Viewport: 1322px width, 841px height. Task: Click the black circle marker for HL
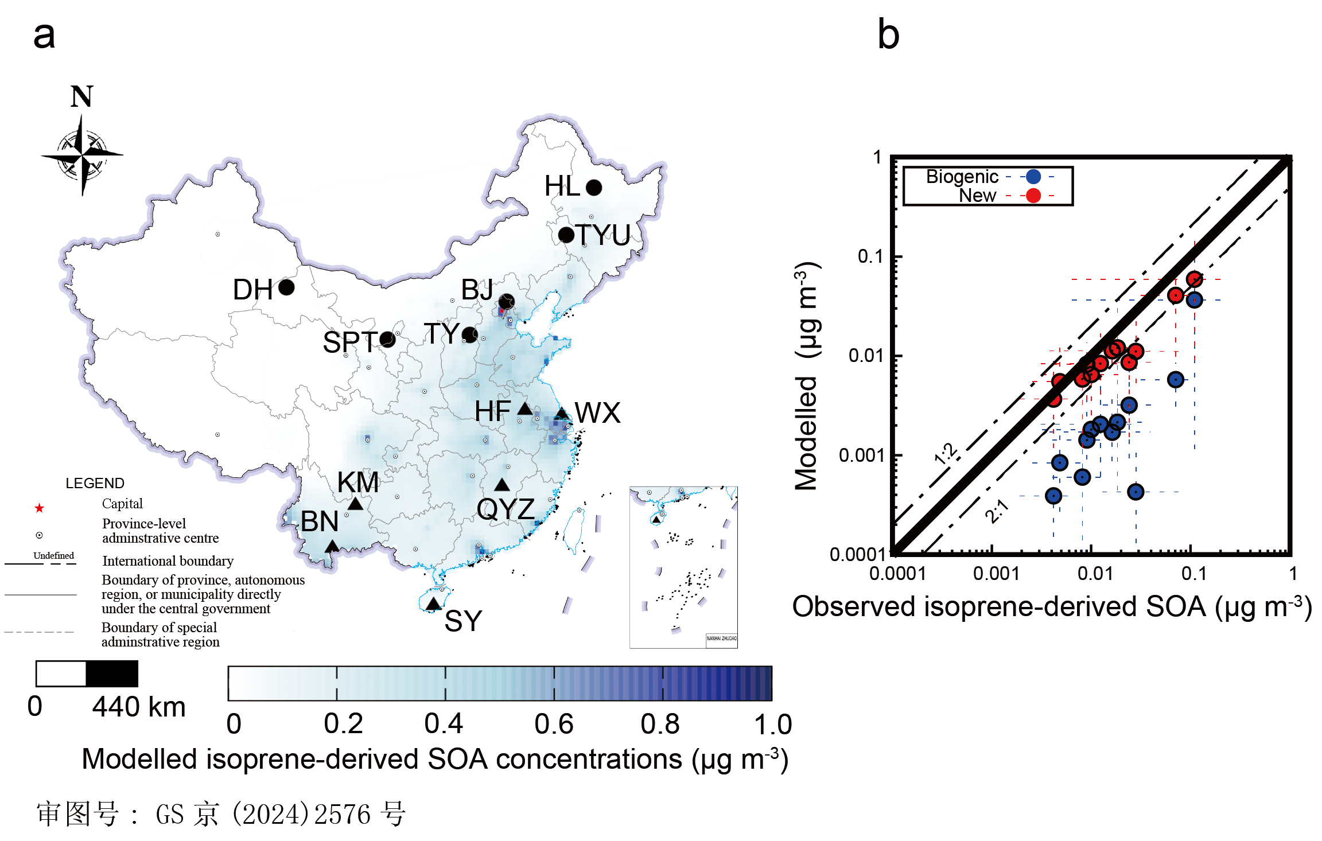click(594, 188)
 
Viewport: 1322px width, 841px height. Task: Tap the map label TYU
click(603, 235)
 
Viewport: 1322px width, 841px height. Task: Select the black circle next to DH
click(286, 287)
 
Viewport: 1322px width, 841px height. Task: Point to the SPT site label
click(350, 342)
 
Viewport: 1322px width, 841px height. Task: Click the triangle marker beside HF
click(524, 408)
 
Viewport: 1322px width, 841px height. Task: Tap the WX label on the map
click(597, 413)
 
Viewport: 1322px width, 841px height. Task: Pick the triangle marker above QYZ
click(502, 485)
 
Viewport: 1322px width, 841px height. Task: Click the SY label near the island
click(463, 621)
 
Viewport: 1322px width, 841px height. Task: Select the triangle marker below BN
click(332, 546)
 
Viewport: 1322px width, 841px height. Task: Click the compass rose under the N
click(82, 155)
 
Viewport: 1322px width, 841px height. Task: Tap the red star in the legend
click(39, 508)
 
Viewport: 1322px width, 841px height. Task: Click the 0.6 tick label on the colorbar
click(554, 725)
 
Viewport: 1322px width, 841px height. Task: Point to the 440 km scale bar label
click(139, 707)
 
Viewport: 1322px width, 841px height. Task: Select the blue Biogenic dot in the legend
click(1033, 177)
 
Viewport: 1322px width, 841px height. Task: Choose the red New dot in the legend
click(1033, 196)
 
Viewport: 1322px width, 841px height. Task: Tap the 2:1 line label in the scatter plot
click(997, 511)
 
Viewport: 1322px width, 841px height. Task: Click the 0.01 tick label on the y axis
click(866, 356)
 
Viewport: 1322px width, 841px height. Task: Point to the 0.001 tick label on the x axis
click(996, 574)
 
